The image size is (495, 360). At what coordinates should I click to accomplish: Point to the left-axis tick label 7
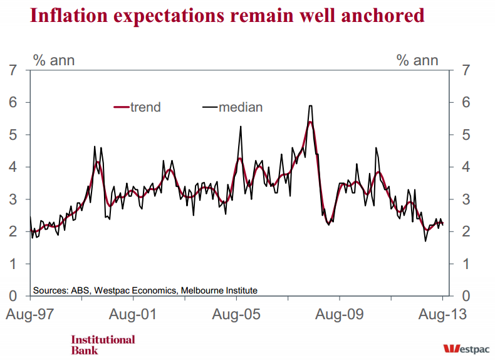[x=13, y=70]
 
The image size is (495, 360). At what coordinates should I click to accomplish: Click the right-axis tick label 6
[x=465, y=102]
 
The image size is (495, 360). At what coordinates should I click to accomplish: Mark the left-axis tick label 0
[x=13, y=295]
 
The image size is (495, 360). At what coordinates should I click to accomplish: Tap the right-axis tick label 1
[x=465, y=263]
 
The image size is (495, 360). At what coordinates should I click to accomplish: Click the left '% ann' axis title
[x=54, y=60]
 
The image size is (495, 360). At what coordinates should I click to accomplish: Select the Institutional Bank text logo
[x=103, y=344]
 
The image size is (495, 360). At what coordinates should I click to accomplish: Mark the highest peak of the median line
[x=310, y=106]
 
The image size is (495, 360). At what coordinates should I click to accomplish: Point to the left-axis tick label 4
[x=13, y=167]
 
